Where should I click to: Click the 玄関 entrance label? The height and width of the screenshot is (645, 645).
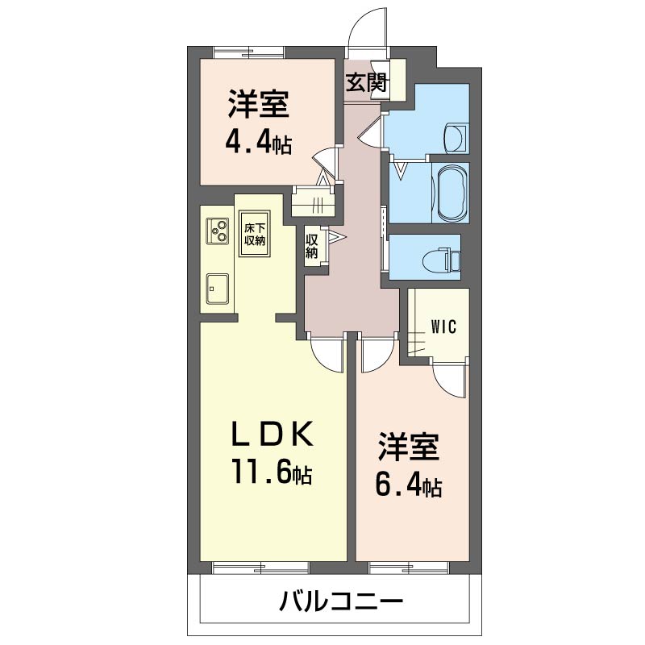(367, 83)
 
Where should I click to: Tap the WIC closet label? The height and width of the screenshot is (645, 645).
(444, 327)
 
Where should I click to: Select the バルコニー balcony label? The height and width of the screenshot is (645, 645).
(341, 601)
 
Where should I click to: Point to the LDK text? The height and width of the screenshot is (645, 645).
(273, 435)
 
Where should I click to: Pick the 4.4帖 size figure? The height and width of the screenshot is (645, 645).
(258, 143)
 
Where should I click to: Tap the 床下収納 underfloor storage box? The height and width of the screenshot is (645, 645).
(255, 234)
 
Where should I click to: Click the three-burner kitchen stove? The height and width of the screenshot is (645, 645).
(218, 231)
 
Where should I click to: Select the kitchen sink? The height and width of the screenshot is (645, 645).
(218, 289)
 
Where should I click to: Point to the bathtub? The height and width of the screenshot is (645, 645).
(453, 193)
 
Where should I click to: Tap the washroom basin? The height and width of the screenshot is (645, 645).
(456, 138)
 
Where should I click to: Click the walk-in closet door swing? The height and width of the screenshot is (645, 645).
(450, 378)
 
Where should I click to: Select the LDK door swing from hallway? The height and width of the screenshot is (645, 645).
(327, 355)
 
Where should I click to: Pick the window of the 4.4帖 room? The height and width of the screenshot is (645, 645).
(249, 53)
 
